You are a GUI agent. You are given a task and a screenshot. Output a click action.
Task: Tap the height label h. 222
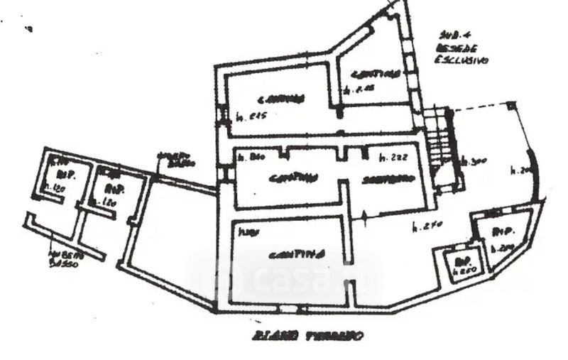[x=393, y=156]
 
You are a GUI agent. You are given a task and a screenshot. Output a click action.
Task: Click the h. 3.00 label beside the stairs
[x=474, y=162]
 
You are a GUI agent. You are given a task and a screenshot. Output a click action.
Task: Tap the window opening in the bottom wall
[x=290, y=309]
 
